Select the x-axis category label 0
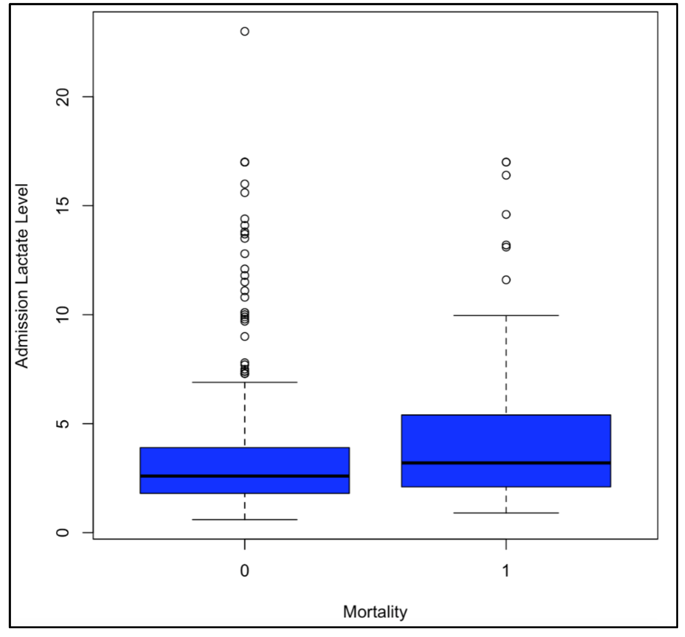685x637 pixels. [x=244, y=571]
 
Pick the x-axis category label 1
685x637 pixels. [x=506, y=571]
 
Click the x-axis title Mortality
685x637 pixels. [x=375, y=612]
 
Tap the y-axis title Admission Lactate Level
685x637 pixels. [x=22, y=276]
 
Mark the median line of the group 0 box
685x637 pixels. [x=245, y=476]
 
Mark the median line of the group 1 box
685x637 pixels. [x=506, y=463]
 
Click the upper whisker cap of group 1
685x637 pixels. [x=506, y=315]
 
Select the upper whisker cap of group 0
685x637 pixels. [x=245, y=382]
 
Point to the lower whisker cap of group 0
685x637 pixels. [x=245, y=519]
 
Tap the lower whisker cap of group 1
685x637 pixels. [x=506, y=513]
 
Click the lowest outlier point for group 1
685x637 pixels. [x=506, y=280]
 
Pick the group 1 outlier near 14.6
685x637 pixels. [x=506, y=214]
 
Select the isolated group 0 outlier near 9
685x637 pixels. [x=245, y=336]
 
